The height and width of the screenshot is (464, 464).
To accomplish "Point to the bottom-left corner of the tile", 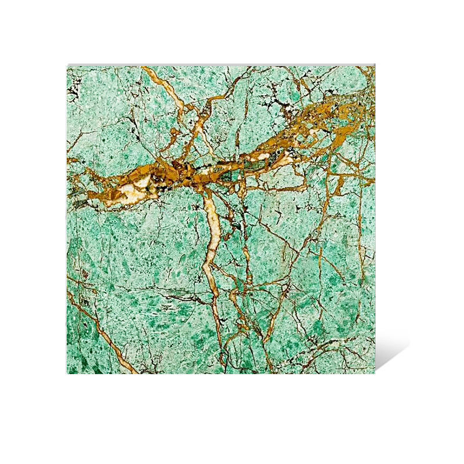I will [x=68, y=373].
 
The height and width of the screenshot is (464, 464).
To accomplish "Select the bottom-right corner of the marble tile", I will [x=375, y=373].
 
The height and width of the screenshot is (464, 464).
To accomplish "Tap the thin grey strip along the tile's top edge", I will [x=220, y=65].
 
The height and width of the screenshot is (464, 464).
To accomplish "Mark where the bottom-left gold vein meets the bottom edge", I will [x=135, y=372].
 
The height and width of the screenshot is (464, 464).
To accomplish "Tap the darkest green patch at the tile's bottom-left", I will [x=78, y=362].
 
